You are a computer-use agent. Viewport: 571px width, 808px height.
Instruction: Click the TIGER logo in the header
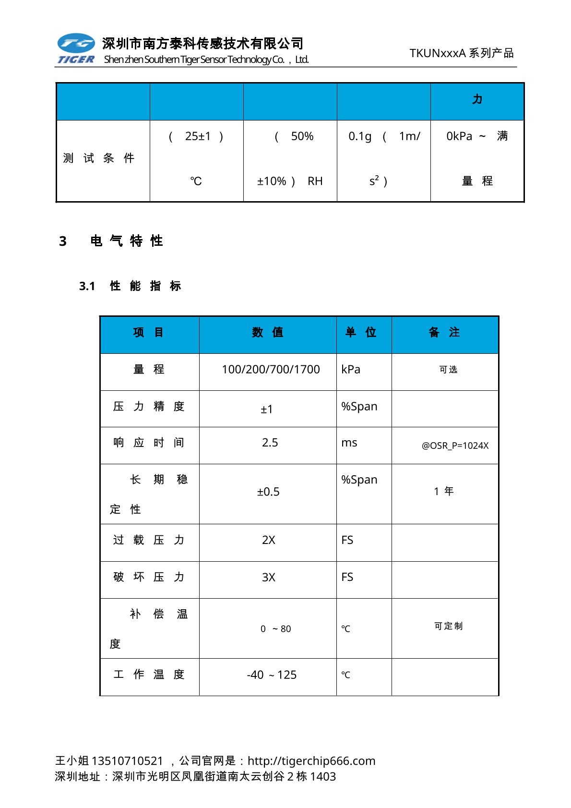point(76,48)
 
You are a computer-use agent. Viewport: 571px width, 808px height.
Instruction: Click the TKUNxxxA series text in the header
point(461,53)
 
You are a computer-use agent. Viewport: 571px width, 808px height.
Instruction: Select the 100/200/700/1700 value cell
point(271,369)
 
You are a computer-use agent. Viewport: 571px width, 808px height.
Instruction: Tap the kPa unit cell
point(351,369)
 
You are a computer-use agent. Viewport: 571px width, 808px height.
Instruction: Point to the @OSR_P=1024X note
point(455,446)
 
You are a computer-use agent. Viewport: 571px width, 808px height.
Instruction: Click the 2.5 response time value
point(270,443)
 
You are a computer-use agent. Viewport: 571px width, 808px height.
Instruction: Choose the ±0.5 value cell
point(268,492)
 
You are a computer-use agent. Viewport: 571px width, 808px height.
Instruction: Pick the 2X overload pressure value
point(269,540)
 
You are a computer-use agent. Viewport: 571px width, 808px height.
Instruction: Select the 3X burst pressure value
point(269,577)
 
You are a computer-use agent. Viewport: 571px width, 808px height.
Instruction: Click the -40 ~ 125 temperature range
point(272,675)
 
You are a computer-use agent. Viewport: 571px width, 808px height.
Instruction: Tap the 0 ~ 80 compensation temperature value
point(276,629)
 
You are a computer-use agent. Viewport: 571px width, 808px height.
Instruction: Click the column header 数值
point(267,332)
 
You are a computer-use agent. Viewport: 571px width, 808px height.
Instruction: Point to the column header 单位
point(361,332)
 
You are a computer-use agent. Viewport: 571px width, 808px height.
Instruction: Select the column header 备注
point(444,332)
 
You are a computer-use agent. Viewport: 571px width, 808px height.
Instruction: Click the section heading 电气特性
point(127,241)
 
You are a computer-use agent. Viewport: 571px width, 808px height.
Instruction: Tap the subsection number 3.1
point(87,286)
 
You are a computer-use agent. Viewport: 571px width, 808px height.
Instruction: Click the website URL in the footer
point(311,761)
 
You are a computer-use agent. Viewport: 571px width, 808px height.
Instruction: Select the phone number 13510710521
point(127,761)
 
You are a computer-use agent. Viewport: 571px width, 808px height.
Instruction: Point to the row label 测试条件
point(99,158)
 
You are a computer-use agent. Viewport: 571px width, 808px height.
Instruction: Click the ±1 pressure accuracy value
point(267,410)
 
